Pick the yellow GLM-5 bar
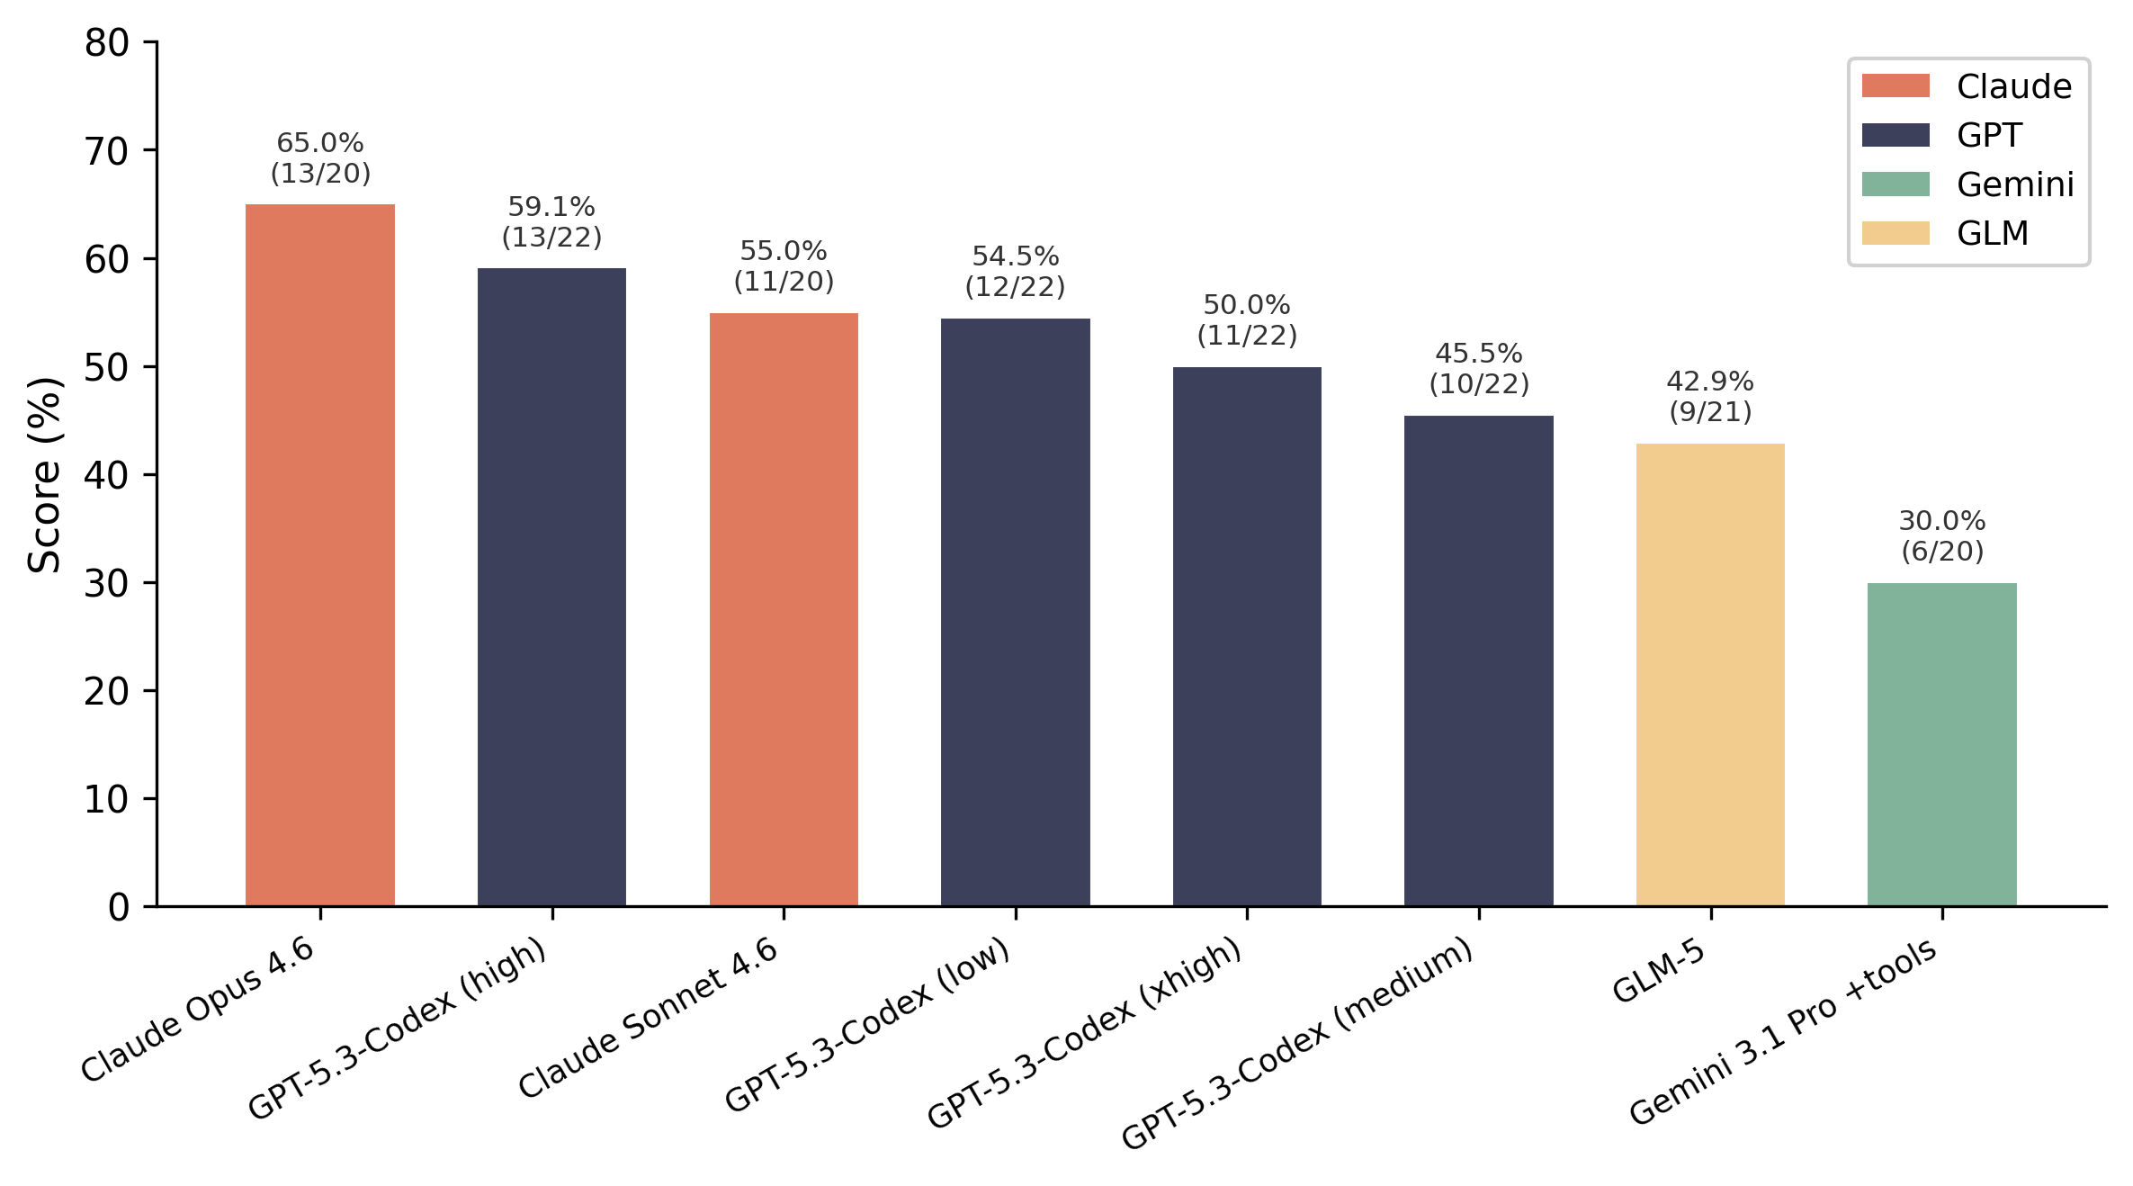pyautogui.click(x=1709, y=674)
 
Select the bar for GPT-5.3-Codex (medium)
pyautogui.click(x=1478, y=660)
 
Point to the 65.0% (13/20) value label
pyautogui.click(x=320, y=158)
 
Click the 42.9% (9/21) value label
pyautogui.click(x=1709, y=397)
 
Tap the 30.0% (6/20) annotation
pyautogui.click(x=1941, y=536)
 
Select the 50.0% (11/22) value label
pyautogui.click(x=1246, y=320)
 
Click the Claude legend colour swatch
pyautogui.click(x=1895, y=86)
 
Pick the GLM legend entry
pyautogui.click(x=1992, y=233)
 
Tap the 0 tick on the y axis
pyautogui.click(x=119, y=907)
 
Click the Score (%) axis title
pyautogui.click(x=43, y=475)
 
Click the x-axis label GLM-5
pyautogui.click(x=1658, y=972)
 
